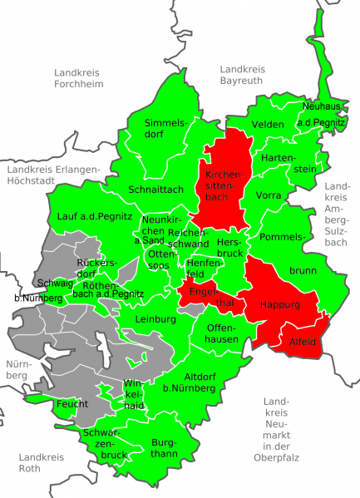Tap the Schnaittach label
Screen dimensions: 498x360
(155, 189)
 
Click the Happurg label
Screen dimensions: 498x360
(279, 304)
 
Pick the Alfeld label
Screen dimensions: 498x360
(303, 342)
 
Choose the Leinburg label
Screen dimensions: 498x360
(155, 318)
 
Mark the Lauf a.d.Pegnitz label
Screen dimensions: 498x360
(95, 216)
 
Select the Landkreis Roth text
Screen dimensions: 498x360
(41, 462)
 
